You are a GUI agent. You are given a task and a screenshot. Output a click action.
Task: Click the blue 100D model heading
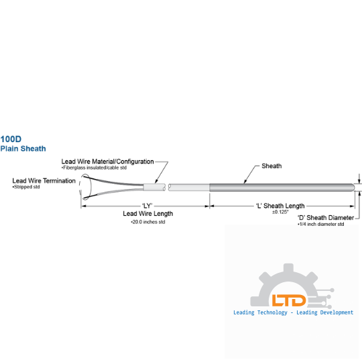click(x=11, y=139)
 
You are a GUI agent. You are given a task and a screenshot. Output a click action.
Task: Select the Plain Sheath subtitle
click(x=23, y=149)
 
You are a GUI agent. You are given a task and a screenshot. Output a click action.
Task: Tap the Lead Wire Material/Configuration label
click(x=107, y=162)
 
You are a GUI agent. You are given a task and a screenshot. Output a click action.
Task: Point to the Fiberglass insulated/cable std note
click(x=95, y=168)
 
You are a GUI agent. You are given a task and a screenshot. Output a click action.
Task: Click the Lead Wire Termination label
click(x=44, y=181)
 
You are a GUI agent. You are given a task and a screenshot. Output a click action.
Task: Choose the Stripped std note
click(x=26, y=187)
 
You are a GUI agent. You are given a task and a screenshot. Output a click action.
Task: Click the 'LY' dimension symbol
click(x=147, y=206)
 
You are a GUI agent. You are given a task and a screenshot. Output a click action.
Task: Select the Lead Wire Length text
click(x=148, y=214)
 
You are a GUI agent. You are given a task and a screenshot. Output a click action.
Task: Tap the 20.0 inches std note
click(x=148, y=222)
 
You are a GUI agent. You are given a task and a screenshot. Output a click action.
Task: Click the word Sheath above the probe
click(x=271, y=166)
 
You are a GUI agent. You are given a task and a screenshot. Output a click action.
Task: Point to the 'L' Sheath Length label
click(x=280, y=206)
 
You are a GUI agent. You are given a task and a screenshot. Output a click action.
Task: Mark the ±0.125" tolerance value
click(x=280, y=212)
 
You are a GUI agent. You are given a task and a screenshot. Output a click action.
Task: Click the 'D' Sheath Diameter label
click(x=326, y=218)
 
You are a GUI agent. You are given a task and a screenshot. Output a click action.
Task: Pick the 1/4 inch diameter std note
click(x=321, y=224)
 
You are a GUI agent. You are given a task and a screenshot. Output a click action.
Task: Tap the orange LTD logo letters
click(x=289, y=300)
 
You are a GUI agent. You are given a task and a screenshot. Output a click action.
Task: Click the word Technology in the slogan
click(x=272, y=312)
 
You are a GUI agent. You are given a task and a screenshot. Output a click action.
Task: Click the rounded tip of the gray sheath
click(x=353, y=188)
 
